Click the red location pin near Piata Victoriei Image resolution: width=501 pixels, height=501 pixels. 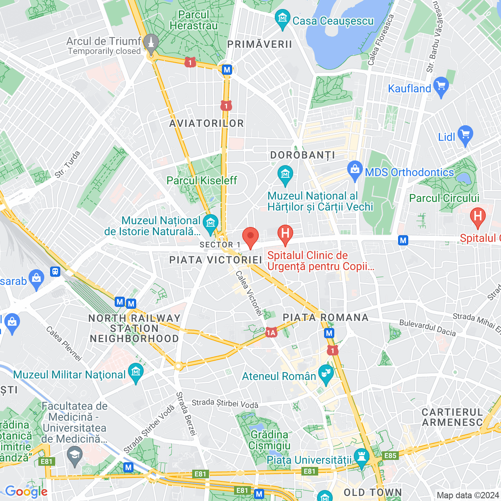click(x=250, y=237)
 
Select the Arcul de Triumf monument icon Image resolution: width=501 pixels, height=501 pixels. click(x=151, y=43)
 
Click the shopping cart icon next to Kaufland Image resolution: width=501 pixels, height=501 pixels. click(x=441, y=87)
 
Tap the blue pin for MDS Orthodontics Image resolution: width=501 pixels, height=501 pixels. click(x=355, y=170)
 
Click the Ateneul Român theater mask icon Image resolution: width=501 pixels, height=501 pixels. click(x=325, y=374)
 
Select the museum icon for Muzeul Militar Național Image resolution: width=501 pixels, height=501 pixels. click(x=136, y=372)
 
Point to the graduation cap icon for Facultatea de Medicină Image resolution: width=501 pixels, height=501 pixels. click(x=74, y=456)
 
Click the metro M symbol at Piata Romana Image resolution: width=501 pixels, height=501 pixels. click(x=329, y=333)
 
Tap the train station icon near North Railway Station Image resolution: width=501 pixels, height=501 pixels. click(x=55, y=271)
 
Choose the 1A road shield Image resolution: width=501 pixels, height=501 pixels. click(x=271, y=333)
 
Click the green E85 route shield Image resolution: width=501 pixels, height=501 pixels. click(x=390, y=455)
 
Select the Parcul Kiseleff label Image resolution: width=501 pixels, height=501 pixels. click(x=202, y=180)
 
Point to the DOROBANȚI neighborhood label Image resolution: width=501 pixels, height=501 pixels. click(x=303, y=155)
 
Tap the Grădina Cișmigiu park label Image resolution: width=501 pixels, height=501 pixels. click(x=269, y=440)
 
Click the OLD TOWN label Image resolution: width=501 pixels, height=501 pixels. click(x=373, y=492)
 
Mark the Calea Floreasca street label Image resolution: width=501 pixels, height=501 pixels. click(x=380, y=40)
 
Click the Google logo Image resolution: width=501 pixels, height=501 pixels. click(x=26, y=492)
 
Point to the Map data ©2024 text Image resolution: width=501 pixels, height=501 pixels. click(x=468, y=496)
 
